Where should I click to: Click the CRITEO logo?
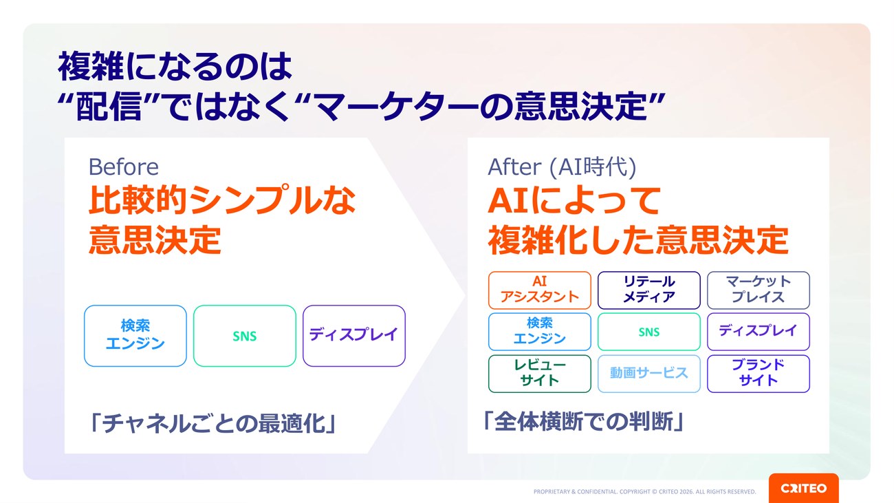803,488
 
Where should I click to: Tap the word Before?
123,167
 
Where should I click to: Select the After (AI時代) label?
562,167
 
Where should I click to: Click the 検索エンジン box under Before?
135,336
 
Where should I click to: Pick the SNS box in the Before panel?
245,336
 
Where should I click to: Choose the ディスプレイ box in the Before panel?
354,336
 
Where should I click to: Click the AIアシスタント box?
540,290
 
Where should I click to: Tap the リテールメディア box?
649,290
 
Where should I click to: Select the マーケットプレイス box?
759,290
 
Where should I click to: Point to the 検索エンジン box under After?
540,332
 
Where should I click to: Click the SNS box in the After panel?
649,332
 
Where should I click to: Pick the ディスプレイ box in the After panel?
759,332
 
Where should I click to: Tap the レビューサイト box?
540,374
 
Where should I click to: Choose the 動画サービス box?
649,374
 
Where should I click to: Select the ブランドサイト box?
759,374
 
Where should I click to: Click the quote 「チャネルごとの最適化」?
212,423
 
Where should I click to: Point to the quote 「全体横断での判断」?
583,421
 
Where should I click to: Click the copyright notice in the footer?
644,491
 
